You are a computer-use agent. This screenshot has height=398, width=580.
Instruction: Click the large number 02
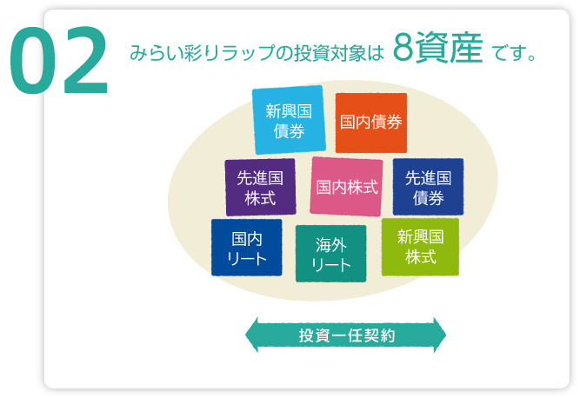[59, 62]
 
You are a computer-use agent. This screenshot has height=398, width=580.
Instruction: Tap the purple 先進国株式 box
[260, 187]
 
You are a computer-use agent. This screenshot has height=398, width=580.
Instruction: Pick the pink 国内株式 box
[346, 186]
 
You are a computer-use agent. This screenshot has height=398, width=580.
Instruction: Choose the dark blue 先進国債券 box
[428, 187]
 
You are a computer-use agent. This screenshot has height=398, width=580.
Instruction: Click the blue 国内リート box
[246, 247]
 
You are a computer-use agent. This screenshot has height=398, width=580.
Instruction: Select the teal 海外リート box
[331, 254]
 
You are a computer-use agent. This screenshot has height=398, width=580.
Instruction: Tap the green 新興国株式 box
[420, 246]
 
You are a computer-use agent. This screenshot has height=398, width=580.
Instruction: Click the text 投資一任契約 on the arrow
[346, 335]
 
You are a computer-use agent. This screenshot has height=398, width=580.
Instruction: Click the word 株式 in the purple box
[260, 197]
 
